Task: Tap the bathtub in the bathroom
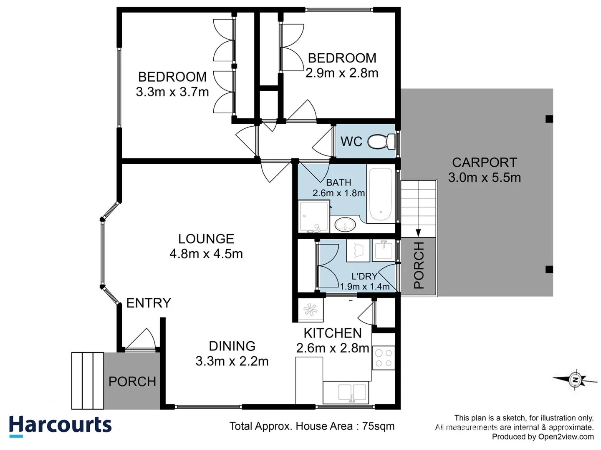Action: pos(380,195)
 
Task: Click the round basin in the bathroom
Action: pos(345,225)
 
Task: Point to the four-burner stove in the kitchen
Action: pos(383,358)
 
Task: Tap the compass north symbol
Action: pos(575,380)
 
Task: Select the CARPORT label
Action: pos(484,162)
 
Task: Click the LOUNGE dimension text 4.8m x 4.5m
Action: pos(206,254)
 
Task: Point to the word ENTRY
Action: pos(149,303)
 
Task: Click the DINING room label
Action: pos(232,346)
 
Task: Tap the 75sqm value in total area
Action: pos(378,426)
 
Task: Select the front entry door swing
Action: pos(142,340)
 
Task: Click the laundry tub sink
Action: pos(383,250)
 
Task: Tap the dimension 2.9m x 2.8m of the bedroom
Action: pos(342,73)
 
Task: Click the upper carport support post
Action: pos(549,119)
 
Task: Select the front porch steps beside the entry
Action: pos(87,380)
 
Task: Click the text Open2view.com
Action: pos(566,437)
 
